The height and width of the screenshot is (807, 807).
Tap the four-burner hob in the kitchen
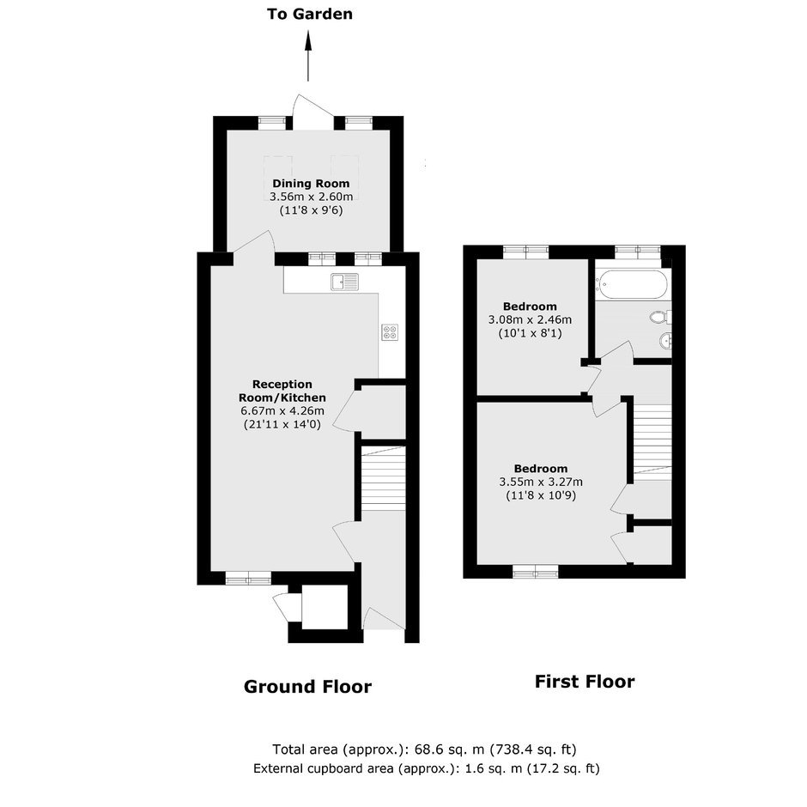tap(390, 332)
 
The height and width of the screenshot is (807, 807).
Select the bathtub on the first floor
tap(632, 284)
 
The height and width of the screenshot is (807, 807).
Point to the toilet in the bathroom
tap(660, 317)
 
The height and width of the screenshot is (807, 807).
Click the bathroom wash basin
tap(665, 340)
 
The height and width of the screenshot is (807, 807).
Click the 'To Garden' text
tap(310, 14)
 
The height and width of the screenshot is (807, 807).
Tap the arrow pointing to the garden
tap(309, 56)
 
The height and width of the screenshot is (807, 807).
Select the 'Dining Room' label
tap(311, 183)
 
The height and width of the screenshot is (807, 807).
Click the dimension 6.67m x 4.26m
tap(282, 410)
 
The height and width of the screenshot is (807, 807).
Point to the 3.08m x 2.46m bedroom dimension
tap(530, 319)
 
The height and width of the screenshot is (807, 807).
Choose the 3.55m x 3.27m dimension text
tap(541, 482)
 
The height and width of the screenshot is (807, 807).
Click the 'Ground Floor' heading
tap(307, 687)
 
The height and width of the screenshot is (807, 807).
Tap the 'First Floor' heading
tap(585, 682)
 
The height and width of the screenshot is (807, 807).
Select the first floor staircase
tap(652, 441)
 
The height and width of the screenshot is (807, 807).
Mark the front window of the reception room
tap(249, 578)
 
